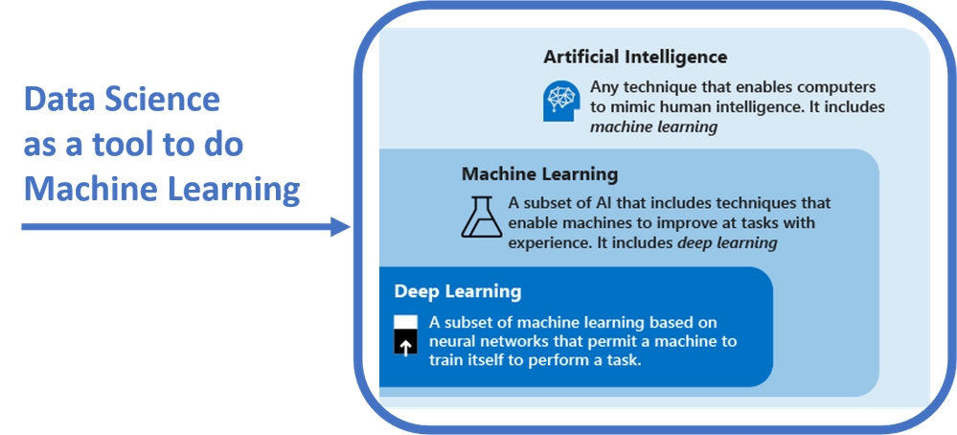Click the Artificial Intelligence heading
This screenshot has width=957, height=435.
click(x=635, y=57)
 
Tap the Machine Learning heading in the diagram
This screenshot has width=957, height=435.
click(x=539, y=173)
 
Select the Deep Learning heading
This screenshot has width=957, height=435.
click(x=458, y=290)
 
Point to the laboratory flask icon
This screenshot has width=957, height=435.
click(x=482, y=217)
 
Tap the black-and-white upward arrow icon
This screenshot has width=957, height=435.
click(x=406, y=334)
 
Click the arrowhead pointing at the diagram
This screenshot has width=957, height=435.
click(x=341, y=227)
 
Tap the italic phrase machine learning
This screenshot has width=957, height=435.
click(x=653, y=127)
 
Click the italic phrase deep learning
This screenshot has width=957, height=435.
click(x=727, y=243)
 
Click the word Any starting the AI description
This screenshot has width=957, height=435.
click(x=605, y=85)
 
